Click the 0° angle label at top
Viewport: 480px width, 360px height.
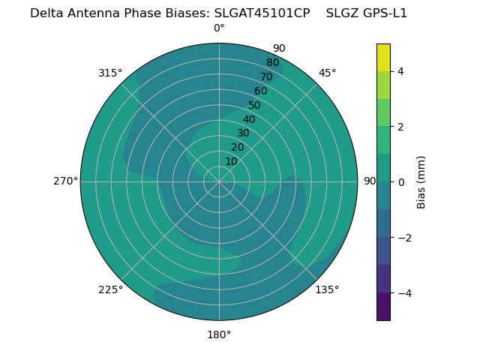point(219,28)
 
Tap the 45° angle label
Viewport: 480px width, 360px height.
point(327,73)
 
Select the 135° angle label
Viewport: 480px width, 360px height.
point(327,289)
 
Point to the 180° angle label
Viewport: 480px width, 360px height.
point(219,334)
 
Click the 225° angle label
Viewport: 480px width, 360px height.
point(110,289)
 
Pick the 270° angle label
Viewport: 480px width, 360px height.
point(65,181)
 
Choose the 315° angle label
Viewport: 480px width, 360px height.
point(110,73)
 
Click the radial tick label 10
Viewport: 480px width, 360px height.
point(231,161)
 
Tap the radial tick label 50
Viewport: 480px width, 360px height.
point(254,105)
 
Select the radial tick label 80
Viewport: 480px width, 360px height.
point(272,63)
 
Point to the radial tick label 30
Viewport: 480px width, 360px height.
point(243,133)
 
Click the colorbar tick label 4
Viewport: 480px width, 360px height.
point(401,71)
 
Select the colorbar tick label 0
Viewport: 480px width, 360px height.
point(401,182)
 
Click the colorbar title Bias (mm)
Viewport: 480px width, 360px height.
point(421,182)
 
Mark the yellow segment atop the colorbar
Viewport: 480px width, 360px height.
point(383,57)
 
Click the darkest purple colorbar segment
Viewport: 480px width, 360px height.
point(383,307)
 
